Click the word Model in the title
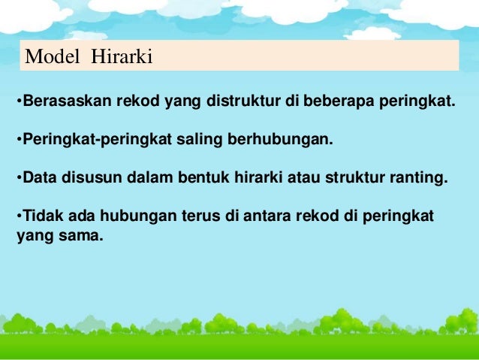click(53, 56)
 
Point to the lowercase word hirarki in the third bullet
click(258, 178)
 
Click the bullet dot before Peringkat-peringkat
click(18, 141)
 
